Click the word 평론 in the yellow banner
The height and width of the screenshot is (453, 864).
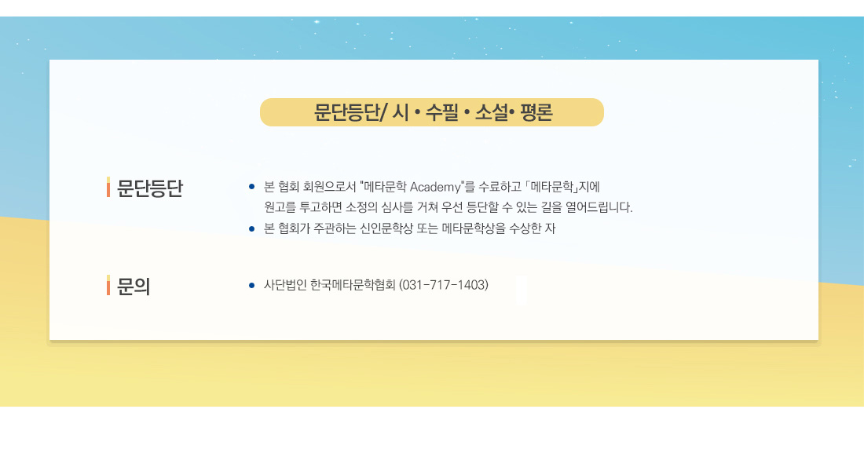tap(536, 112)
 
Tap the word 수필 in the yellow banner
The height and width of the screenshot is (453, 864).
tap(442, 112)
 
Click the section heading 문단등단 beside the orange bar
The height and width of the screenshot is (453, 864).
tap(149, 188)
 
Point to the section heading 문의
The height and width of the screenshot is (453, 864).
tap(134, 286)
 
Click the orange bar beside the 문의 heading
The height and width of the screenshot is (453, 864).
tap(108, 285)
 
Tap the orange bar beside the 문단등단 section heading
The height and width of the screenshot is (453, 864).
tap(108, 187)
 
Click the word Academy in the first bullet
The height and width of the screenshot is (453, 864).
tap(435, 188)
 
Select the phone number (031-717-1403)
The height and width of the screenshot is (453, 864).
tap(444, 285)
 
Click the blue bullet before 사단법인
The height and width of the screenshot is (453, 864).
tap(252, 286)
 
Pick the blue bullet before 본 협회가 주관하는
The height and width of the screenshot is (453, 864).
tap(252, 228)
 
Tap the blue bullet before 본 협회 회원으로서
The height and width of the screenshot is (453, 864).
tap(252, 187)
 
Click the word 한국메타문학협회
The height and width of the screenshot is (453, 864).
tap(353, 285)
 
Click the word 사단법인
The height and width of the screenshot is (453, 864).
tap(285, 285)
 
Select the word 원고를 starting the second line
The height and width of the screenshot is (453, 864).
tap(280, 207)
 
